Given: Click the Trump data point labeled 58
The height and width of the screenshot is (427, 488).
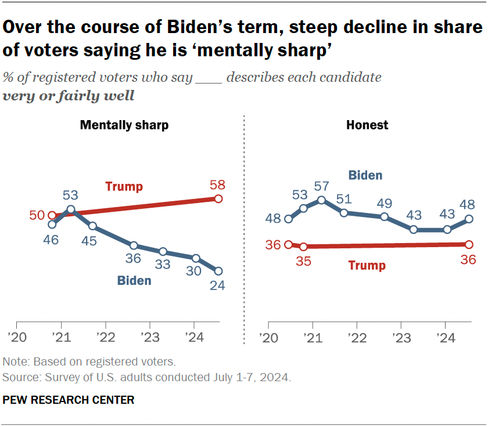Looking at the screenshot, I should click(x=218, y=199).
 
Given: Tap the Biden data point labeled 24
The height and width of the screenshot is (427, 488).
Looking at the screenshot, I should click(x=218, y=271).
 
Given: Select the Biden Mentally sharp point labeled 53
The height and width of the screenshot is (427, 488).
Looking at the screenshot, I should click(x=71, y=209).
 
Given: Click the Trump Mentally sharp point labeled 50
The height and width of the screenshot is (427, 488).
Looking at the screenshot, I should click(x=52, y=216).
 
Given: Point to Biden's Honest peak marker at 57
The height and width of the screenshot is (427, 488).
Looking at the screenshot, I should click(x=321, y=200).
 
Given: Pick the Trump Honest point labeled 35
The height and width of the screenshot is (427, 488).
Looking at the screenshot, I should click(x=303, y=247).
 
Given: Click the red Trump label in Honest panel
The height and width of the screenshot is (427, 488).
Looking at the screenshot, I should click(x=367, y=266).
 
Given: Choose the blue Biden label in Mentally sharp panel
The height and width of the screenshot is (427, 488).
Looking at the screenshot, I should click(x=134, y=281).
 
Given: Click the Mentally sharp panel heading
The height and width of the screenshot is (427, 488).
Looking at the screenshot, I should click(x=124, y=125).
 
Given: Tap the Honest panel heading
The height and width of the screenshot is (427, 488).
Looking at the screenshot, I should click(x=367, y=125).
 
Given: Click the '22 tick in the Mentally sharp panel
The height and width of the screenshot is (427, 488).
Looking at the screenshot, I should click(x=105, y=338).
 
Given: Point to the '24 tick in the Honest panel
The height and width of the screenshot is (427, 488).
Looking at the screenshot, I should click(x=444, y=338).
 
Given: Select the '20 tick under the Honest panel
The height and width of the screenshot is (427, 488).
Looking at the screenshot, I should click(x=268, y=338).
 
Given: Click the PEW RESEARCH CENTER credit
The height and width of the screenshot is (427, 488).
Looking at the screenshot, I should click(x=69, y=400).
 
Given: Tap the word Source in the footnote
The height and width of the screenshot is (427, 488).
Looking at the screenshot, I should click(x=19, y=378).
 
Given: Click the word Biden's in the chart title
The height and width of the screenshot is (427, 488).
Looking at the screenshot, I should click(x=195, y=27).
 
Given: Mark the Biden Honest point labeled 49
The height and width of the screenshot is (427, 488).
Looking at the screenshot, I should click(x=385, y=216).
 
